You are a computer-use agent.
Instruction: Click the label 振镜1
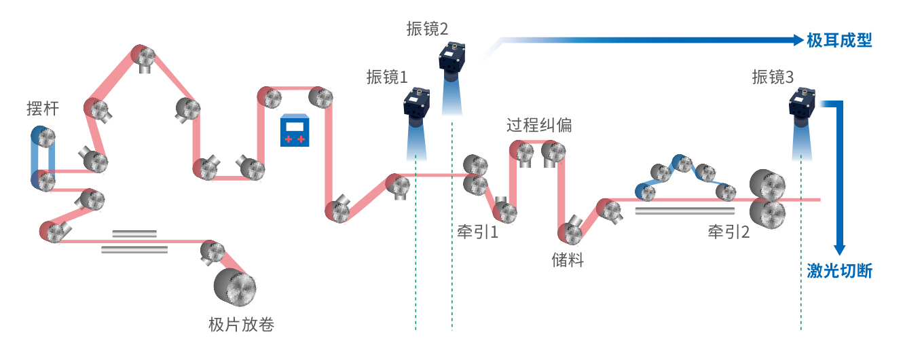coord(386,76)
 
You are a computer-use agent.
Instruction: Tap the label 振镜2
coord(427,29)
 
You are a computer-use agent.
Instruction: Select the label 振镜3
coord(773,77)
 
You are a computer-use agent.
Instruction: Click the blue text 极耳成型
coord(839,41)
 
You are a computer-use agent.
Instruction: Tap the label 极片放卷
coord(241,324)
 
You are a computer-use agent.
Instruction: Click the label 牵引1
coord(478,233)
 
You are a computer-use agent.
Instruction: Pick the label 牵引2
coord(729,232)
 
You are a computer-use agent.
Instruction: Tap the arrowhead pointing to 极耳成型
coord(799,40)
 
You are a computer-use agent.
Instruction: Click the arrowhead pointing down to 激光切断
coord(840,249)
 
